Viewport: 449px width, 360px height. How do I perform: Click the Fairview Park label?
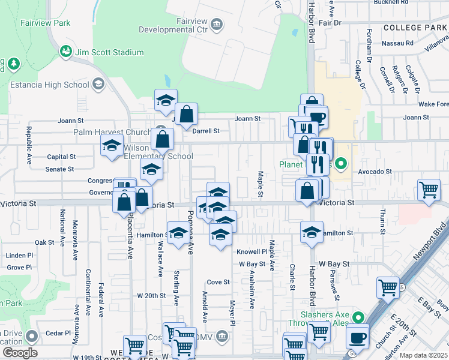45,23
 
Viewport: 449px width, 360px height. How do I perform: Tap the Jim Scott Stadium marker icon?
65,52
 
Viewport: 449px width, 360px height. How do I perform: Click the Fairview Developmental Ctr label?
174,25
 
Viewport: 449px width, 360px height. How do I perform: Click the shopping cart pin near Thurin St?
429,190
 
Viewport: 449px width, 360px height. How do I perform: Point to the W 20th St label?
151,296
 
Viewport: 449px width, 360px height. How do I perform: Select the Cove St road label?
218,282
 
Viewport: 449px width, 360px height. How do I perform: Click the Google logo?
20,353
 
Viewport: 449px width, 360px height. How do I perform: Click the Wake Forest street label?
434,104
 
